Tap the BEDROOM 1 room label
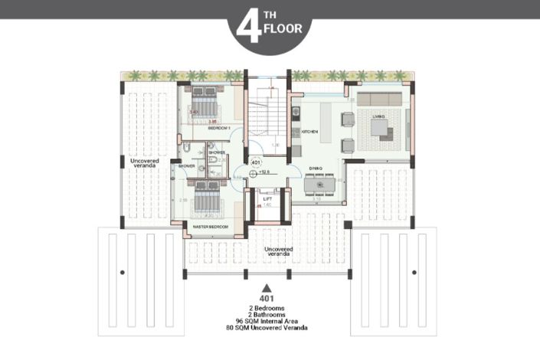tap(220, 129)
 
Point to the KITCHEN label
tap(309, 132)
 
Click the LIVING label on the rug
tap(378, 116)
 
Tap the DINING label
tap(316, 168)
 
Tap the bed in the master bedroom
tap(205, 201)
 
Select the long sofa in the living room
tap(378, 98)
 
